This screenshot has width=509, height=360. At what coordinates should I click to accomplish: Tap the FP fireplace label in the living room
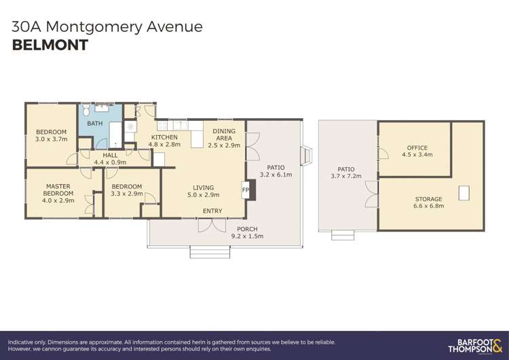click(245, 190)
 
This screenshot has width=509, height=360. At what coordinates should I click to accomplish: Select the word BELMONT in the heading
click(50, 46)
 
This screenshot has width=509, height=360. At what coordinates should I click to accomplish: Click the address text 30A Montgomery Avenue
click(107, 26)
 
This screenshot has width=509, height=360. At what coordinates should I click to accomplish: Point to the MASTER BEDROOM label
click(58, 190)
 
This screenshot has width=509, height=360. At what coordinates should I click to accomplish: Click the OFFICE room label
click(417, 147)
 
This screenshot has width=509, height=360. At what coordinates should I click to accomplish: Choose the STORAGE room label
click(428, 199)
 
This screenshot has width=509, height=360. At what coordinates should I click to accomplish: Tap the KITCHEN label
click(164, 137)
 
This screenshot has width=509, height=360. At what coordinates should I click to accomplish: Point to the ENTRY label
click(212, 211)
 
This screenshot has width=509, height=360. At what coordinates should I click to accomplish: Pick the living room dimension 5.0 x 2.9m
click(203, 195)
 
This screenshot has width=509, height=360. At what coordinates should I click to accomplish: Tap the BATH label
click(95, 124)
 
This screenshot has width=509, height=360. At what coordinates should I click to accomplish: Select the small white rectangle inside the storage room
click(464, 193)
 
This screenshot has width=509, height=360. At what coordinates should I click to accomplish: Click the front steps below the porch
click(205, 252)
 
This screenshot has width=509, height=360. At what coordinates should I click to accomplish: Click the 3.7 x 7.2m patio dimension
click(346, 177)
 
